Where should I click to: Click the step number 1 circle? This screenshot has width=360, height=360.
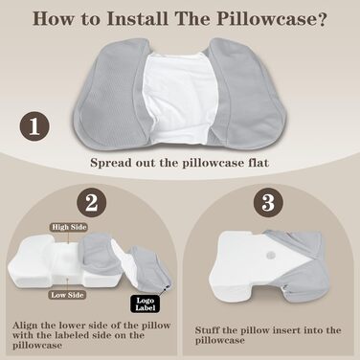(x=34, y=126)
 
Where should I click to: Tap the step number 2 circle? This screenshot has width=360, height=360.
(x=92, y=202)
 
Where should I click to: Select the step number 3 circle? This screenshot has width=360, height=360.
(x=268, y=202)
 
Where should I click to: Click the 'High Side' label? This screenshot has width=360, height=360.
(x=69, y=227)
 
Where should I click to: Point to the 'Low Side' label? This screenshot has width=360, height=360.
(x=67, y=295)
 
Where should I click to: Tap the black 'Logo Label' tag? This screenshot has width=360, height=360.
(x=146, y=304)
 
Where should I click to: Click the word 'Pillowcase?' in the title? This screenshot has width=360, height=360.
(x=272, y=19)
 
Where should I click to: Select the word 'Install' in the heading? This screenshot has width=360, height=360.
(x=138, y=18)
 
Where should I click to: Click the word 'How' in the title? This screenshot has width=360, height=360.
(x=54, y=18)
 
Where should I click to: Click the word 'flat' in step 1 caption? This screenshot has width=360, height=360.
(x=259, y=163)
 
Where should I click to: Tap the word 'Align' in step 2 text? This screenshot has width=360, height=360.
(x=25, y=326)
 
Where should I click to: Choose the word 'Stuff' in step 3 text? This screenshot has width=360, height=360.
(x=207, y=329)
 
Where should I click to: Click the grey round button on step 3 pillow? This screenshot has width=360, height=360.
(x=271, y=256)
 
